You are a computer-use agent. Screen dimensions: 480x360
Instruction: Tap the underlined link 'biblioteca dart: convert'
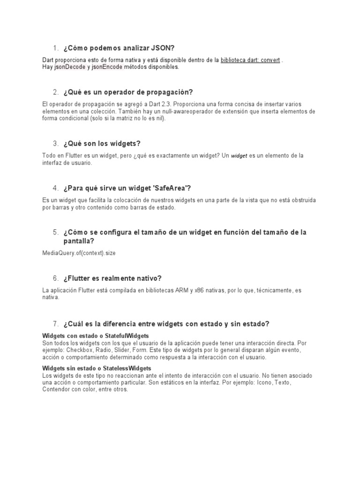click(x=251, y=60)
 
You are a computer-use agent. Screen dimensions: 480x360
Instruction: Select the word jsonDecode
click(x=69, y=67)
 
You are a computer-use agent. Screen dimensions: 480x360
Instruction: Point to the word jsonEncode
click(x=107, y=67)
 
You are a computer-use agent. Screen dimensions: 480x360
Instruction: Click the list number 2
click(x=55, y=92)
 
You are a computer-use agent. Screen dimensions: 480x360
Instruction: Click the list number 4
click(x=55, y=188)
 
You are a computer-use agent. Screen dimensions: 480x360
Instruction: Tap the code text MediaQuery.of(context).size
click(x=79, y=253)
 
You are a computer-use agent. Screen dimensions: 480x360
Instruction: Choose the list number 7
click(x=55, y=324)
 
